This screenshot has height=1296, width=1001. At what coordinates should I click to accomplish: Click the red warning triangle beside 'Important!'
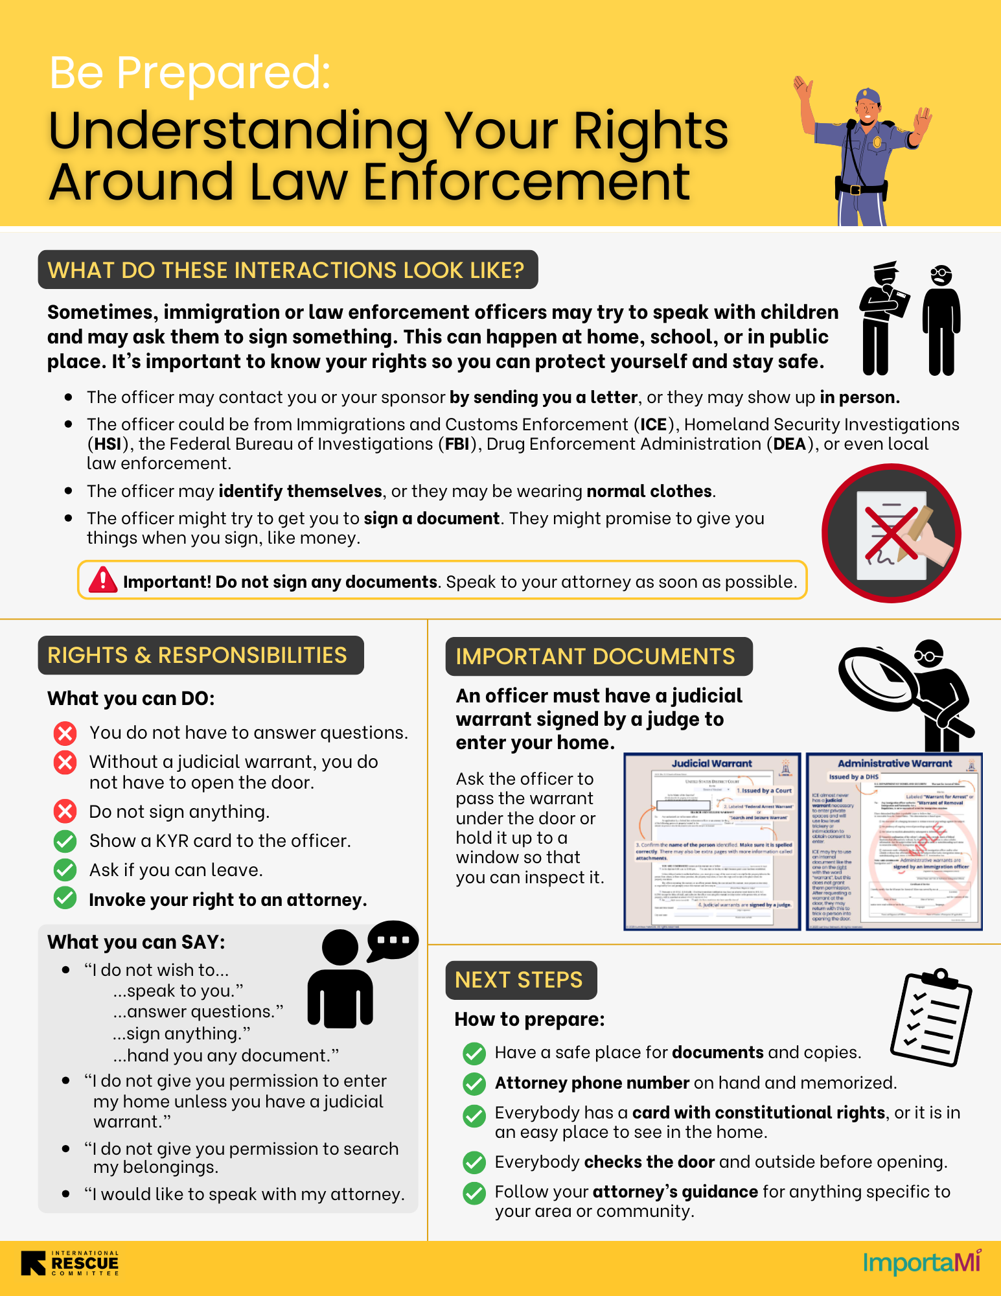tap(102, 580)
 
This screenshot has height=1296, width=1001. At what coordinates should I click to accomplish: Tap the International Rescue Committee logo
tap(70, 1264)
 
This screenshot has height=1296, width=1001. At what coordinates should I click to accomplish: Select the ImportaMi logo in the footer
tap(921, 1262)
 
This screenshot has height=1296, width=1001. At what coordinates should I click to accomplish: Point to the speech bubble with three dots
tap(393, 940)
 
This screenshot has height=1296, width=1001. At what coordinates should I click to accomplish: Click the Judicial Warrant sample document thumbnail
tap(712, 841)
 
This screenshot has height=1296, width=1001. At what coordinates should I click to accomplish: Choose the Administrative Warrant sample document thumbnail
tap(894, 841)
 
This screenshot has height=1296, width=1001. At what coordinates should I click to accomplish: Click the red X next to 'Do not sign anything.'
tap(65, 811)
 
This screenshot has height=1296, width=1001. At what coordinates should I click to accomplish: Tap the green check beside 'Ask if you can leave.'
tap(65, 870)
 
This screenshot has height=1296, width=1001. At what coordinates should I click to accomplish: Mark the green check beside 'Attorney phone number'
tap(474, 1083)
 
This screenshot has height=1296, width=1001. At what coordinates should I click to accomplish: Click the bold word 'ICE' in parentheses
tap(654, 424)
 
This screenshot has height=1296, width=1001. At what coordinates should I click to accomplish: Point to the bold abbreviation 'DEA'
tap(789, 444)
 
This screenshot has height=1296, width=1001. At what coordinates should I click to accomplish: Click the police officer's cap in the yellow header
tap(868, 97)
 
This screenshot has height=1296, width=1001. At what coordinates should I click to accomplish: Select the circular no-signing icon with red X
tap(892, 533)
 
